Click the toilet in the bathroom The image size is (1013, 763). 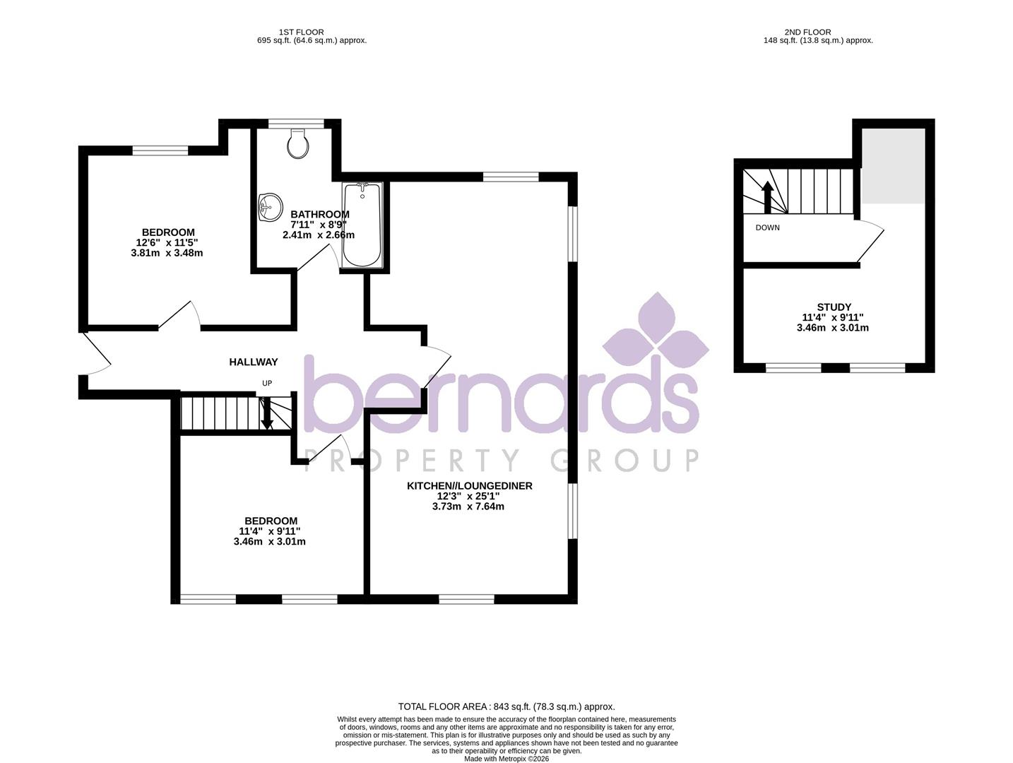[298, 143]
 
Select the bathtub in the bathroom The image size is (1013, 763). [362, 225]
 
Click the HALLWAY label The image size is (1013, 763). [254, 362]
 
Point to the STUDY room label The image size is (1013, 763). [834, 307]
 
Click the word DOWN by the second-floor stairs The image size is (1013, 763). [767, 227]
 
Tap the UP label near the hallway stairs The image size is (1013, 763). [267, 383]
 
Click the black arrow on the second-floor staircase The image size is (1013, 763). [766, 196]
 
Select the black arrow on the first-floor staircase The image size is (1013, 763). [267, 413]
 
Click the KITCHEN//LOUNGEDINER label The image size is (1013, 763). [469, 486]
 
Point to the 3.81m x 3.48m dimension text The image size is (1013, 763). [167, 253]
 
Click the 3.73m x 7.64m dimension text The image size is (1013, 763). [468, 507]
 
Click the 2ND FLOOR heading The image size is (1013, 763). [807, 32]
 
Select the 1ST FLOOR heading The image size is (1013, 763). [301, 32]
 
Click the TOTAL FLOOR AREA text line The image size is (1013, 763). [506, 706]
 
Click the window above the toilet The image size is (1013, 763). [297, 123]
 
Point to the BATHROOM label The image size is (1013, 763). [320, 215]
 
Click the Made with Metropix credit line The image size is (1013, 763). [506, 759]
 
